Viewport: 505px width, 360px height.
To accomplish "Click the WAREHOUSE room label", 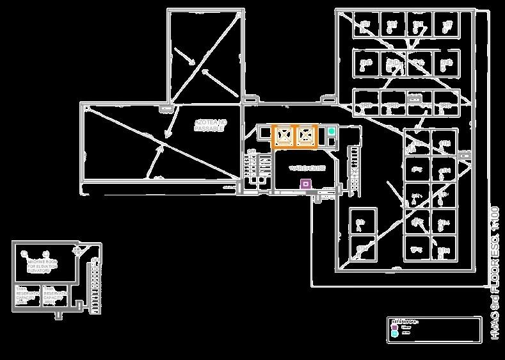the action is click(307, 168).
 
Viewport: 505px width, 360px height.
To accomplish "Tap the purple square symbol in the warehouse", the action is click(306, 184).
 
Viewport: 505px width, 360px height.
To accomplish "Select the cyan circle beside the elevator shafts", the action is click(332, 131).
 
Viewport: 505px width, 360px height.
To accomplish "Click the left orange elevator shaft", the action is click(284, 136).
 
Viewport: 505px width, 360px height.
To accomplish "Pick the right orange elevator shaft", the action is click(306, 136).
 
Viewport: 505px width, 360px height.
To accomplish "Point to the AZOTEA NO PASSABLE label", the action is click(210, 125).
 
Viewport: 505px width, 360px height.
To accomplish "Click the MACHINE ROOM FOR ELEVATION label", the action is click(42, 266).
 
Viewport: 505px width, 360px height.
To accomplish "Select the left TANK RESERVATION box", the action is click(26, 295).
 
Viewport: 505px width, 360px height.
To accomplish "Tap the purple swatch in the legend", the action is click(394, 327).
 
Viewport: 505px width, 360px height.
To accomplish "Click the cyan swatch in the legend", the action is click(394, 333).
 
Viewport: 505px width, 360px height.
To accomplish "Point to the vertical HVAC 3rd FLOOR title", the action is click(493, 272).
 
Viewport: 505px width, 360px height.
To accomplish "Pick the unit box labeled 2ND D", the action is click(446, 63).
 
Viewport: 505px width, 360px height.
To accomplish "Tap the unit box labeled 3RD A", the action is click(365, 103).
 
